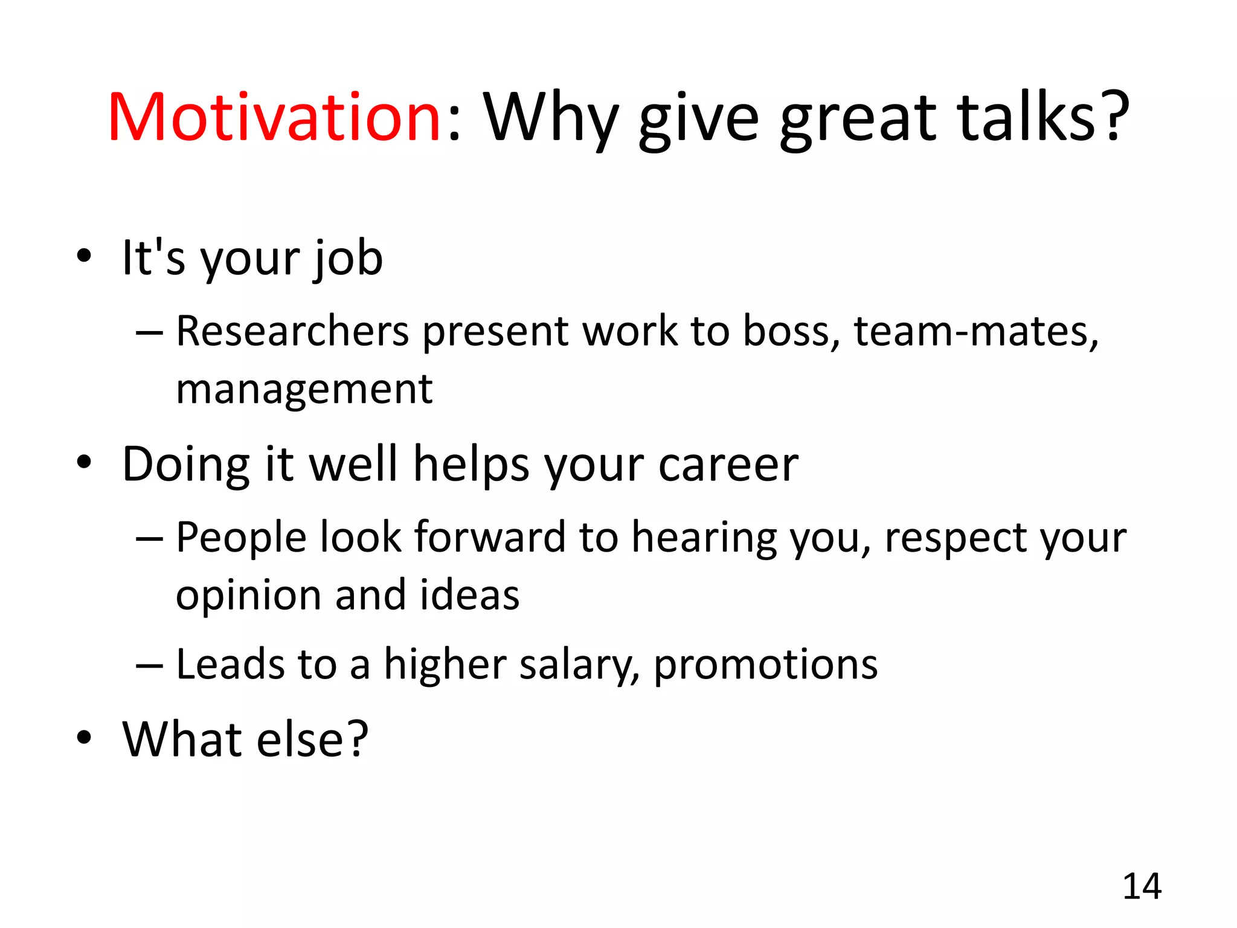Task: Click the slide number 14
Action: (x=1142, y=887)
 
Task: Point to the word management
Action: (x=304, y=390)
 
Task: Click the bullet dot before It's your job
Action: (x=84, y=256)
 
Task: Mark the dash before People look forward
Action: (x=149, y=538)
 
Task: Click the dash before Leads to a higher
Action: (x=149, y=665)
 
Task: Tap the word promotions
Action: (x=765, y=665)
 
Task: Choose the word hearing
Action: (x=704, y=538)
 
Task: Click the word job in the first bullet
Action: (x=347, y=259)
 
